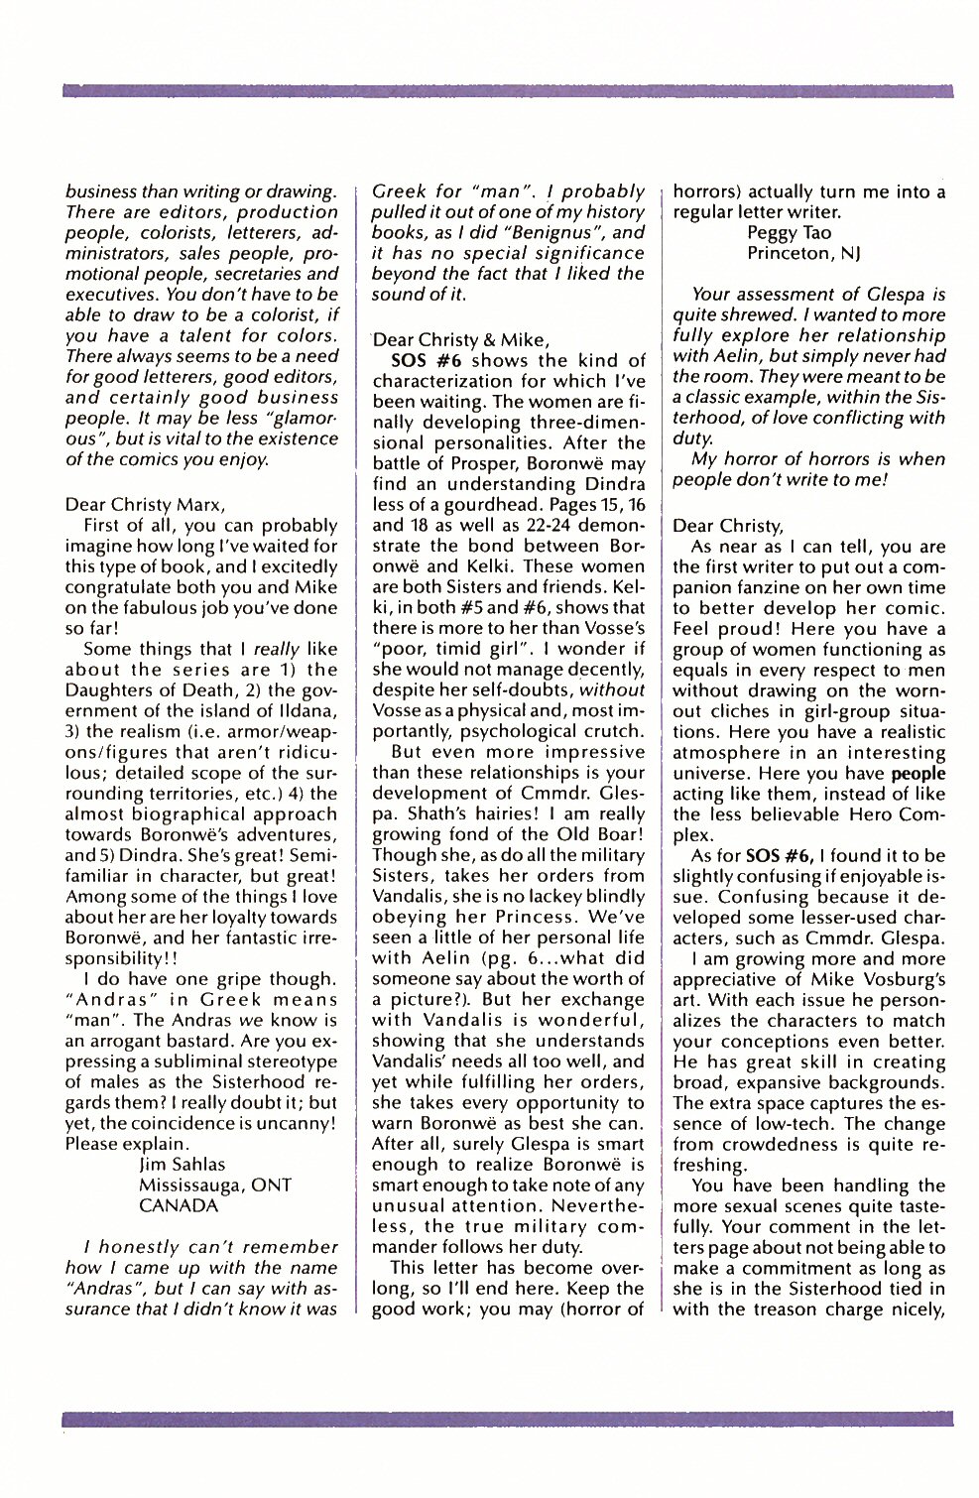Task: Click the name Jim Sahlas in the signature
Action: pos(182,1164)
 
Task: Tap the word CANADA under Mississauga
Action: pos(178,1205)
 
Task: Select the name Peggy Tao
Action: pos(789,233)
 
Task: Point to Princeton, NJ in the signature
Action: pos(802,254)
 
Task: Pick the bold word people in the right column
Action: pos(918,774)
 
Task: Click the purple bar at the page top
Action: pos(506,90)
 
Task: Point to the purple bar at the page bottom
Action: pos(506,1420)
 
